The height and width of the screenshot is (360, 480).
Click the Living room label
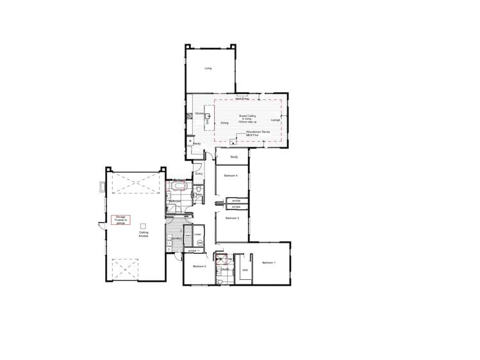click(x=208, y=68)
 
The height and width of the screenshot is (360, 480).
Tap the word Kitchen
click(x=199, y=113)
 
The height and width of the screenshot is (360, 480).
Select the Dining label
click(x=224, y=122)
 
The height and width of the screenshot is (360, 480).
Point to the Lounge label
click(x=275, y=120)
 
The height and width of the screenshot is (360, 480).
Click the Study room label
click(x=234, y=156)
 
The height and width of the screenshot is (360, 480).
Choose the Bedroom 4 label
click(x=231, y=176)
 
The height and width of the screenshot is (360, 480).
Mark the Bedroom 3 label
click(x=232, y=218)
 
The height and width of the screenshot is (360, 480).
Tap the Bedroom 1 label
click(x=269, y=263)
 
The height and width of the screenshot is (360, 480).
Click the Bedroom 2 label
click(x=199, y=266)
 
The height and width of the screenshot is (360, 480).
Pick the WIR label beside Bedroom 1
click(x=245, y=270)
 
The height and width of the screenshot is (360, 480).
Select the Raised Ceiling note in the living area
click(x=247, y=119)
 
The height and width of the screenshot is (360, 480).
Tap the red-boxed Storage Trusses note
click(x=120, y=219)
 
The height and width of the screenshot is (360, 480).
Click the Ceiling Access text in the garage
click(x=144, y=235)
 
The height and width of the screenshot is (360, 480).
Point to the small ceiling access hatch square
click(x=144, y=225)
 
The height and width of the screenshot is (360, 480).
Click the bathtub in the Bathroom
click(x=178, y=187)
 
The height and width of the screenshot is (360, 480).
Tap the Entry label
click(x=199, y=174)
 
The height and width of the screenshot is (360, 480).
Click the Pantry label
click(x=197, y=144)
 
